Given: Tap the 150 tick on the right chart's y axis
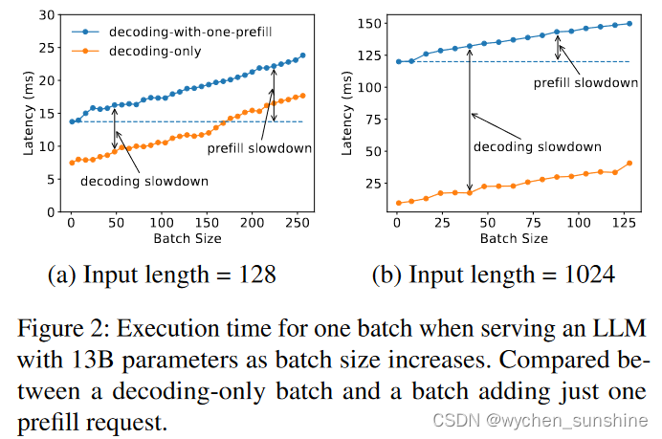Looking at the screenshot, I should point(369,23).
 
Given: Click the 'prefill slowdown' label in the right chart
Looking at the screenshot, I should point(585,83).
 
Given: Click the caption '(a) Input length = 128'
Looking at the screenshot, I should point(162,276).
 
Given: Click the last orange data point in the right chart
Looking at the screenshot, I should point(629,163).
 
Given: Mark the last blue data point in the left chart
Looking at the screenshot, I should point(303,55).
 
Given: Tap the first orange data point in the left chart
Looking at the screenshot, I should point(71,163).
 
